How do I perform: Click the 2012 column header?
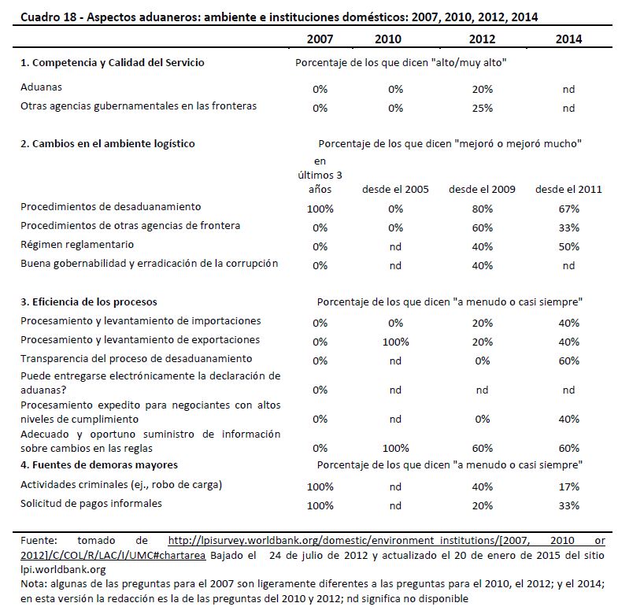[482, 39]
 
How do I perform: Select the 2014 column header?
[568, 39]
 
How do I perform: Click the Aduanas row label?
[41, 88]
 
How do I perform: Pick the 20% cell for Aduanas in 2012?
[482, 89]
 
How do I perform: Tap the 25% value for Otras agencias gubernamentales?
[482, 108]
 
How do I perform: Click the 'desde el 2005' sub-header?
[395, 190]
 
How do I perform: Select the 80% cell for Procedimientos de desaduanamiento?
[482, 209]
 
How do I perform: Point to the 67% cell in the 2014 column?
[568, 209]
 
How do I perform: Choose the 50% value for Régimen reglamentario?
[568, 246]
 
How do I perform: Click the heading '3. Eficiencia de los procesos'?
[89, 301]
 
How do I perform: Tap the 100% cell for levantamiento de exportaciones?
[395, 341]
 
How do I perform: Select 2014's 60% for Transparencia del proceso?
[568, 360]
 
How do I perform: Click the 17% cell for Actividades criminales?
[568, 486]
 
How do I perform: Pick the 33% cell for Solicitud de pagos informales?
[568, 505]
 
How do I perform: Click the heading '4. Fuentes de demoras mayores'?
[98, 464]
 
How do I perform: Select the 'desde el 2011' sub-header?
[568, 190]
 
